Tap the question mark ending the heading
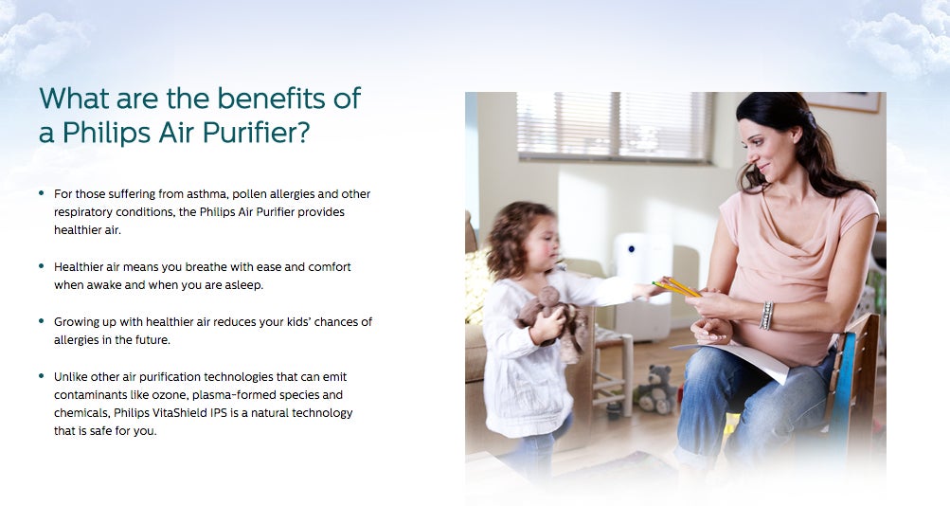302,132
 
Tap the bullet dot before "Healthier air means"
41,266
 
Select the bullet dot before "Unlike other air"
41,376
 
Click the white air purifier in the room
642,285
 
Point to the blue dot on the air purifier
632,248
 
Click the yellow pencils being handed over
677,287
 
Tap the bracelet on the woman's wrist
766,316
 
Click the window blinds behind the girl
614,126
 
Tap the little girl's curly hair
512,236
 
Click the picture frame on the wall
842,101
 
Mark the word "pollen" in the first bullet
249,194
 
